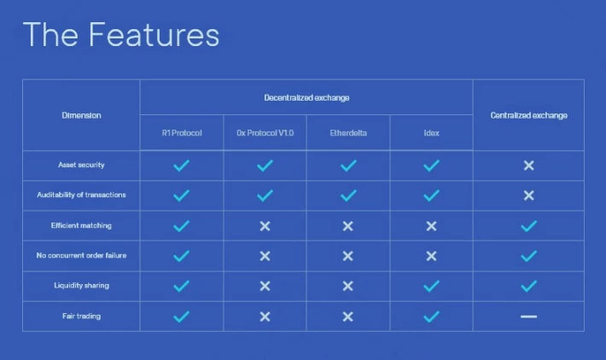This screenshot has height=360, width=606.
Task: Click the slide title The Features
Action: [121, 35]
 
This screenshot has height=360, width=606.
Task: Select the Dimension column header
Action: [82, 115]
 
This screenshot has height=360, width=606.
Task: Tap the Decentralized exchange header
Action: [306, 98]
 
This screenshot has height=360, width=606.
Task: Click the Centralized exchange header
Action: [528, 115]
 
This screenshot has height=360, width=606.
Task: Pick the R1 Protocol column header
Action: [182, 133]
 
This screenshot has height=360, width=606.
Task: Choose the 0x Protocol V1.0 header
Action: [265, 133]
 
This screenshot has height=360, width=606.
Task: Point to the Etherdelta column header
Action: [348, 133]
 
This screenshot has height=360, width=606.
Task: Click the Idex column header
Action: [431, 133]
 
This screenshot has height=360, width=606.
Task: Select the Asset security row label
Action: [81, 165]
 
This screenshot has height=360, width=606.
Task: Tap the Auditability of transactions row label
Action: [81, 195]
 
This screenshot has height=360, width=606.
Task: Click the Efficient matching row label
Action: [81, 225]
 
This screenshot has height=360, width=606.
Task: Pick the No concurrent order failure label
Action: [81, 255]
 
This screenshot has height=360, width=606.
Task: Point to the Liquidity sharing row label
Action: [81, 286]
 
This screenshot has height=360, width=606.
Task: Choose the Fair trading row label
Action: [81, 316]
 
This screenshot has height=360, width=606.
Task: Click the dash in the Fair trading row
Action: [528, 316]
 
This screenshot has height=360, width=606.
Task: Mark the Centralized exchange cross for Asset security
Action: [528, 165]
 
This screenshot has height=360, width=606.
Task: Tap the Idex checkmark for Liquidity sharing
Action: [431, 286]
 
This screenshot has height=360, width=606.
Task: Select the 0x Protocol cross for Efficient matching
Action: [265, 226]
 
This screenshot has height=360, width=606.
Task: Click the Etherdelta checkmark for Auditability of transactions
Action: [348, 195]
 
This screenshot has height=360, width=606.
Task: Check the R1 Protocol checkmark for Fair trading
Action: [181, 316]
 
